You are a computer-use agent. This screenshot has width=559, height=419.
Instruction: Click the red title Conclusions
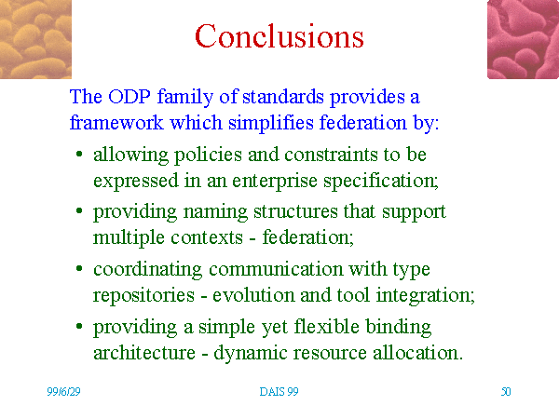point(279,36)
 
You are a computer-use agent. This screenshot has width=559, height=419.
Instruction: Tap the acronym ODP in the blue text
point(130,97)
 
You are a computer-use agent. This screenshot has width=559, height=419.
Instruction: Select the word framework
point(116,123)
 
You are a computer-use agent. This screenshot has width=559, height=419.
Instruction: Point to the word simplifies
point(271,123)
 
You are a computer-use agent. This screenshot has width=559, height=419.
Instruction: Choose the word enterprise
point(275,181)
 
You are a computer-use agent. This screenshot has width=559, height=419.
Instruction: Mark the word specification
point(381,181)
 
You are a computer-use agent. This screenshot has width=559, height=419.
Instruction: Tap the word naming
point(215,212)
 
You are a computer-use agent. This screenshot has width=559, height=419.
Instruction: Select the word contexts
point(207,237)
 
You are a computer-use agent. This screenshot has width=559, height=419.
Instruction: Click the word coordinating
point(147,270)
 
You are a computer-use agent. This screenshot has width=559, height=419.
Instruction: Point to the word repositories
point(144,296)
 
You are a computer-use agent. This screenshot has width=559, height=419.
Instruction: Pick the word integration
point(426,296)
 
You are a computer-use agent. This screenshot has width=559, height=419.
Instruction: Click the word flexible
point(327,327)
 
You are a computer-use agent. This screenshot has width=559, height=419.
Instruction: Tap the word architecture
point(144,353)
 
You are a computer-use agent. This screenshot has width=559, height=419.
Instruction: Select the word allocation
point(417,353)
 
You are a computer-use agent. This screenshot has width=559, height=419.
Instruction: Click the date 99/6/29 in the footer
point(63,392)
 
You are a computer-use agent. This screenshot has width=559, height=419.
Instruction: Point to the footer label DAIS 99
point(279,392)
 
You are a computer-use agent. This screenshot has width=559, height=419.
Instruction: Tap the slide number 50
point(506,392)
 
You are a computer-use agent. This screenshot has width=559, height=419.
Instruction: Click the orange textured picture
point(35,39)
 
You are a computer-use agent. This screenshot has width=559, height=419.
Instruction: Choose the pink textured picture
point(523,39)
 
